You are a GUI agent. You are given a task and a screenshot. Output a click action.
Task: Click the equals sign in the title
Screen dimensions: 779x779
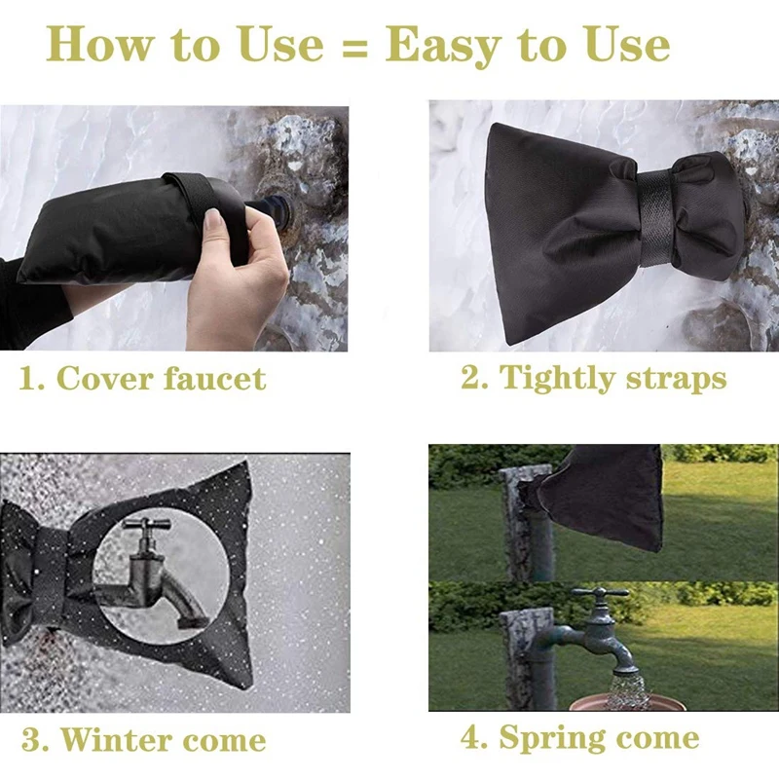[354, 47]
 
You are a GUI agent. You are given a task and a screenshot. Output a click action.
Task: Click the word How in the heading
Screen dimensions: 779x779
[100, 44]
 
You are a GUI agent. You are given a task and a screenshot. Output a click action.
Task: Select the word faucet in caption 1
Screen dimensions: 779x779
[214, 380]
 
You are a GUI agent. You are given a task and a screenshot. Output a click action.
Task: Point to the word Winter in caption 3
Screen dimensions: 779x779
[116, 740]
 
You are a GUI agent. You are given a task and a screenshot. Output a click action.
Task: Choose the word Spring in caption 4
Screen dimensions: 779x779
[552, 739]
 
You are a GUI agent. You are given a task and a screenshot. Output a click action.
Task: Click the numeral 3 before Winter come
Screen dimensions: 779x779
[32, 740]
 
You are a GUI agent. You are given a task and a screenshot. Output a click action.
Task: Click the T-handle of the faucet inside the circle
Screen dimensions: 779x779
[146, 524]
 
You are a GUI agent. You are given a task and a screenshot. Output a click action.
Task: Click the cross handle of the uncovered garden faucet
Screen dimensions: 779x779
[600, 593]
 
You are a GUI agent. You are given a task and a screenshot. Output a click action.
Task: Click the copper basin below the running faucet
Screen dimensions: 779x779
[627, 703]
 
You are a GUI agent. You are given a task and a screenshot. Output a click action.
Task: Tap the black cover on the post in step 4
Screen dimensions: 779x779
[600, 497]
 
